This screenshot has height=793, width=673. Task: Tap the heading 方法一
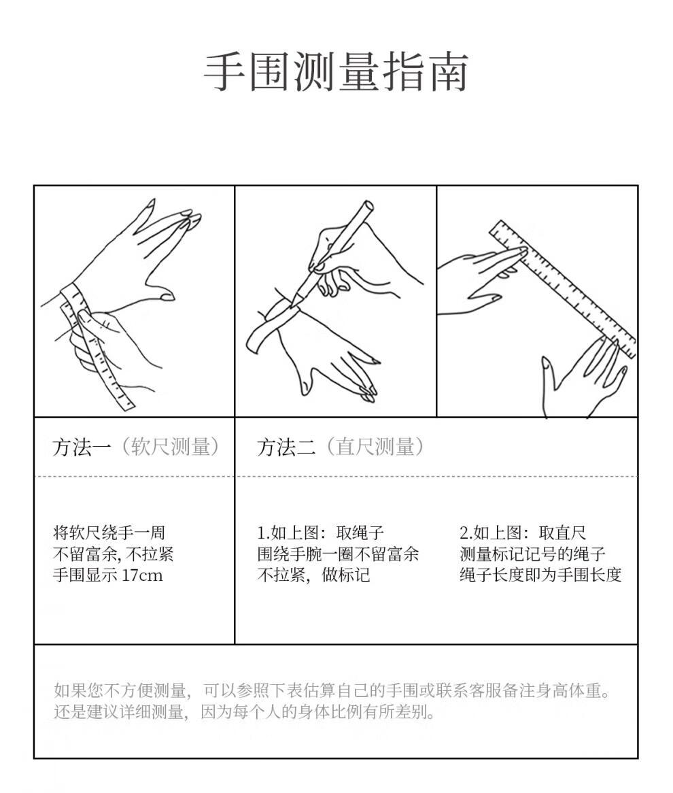(82, 447)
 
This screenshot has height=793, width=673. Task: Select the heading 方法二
(286, 447)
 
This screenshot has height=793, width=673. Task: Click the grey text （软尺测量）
(171, 447)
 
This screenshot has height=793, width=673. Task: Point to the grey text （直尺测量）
(375, 447)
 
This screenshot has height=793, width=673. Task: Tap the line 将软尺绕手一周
(109, 533)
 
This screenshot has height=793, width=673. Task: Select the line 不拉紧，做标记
(313, 575)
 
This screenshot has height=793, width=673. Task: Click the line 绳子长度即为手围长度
(540, 575)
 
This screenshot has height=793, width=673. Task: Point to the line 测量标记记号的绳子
(532, 554)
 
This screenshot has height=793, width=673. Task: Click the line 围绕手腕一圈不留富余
(339, 554)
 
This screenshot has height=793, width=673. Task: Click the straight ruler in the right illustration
(563, 289)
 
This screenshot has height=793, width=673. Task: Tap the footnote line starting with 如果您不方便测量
(332, 690)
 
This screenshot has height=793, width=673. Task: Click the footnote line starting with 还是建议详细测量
(244, 712)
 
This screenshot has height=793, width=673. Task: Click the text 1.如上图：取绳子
(321, 533)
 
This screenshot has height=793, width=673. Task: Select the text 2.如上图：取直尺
(523, 533)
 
